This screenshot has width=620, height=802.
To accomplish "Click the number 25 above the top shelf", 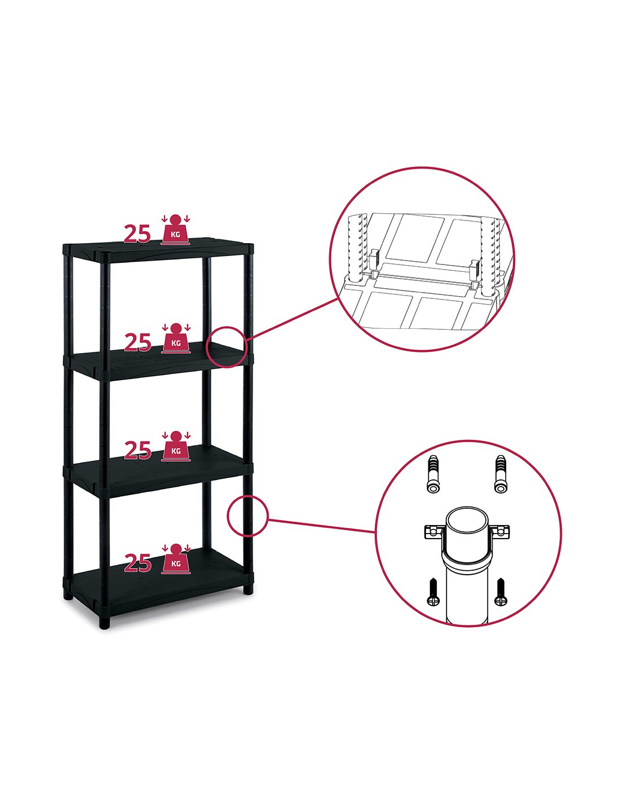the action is [x=138, y=234].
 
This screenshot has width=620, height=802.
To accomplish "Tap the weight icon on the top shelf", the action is [x=175, y=229].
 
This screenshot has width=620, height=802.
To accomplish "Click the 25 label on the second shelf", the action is [x=138, y=342].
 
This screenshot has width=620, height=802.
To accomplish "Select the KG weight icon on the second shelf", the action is [x=176, y=338].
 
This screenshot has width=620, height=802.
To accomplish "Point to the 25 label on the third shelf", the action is [x=138, y=450].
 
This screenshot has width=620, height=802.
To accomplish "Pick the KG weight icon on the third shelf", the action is [x=176, y=446].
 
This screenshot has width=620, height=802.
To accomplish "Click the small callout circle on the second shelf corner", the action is [x=206, y=347].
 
